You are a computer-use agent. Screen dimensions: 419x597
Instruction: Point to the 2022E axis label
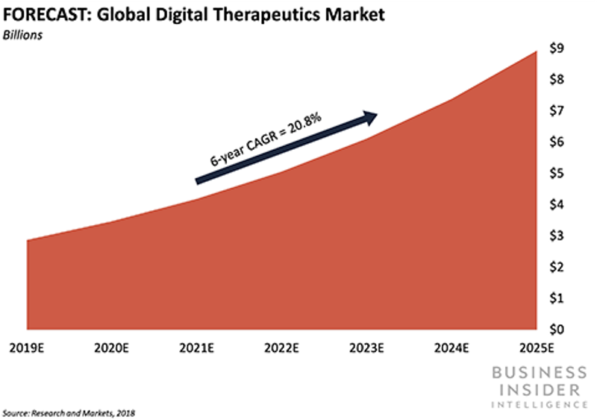(x=281, y=348)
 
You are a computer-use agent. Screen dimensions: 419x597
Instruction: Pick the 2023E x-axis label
(x=366, y=348)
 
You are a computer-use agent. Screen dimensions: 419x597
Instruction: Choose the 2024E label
(x=451, y=348)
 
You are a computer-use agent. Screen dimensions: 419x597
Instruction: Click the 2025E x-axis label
(x=536, y=348)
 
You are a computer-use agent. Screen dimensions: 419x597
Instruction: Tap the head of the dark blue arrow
(x=370, y=116)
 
